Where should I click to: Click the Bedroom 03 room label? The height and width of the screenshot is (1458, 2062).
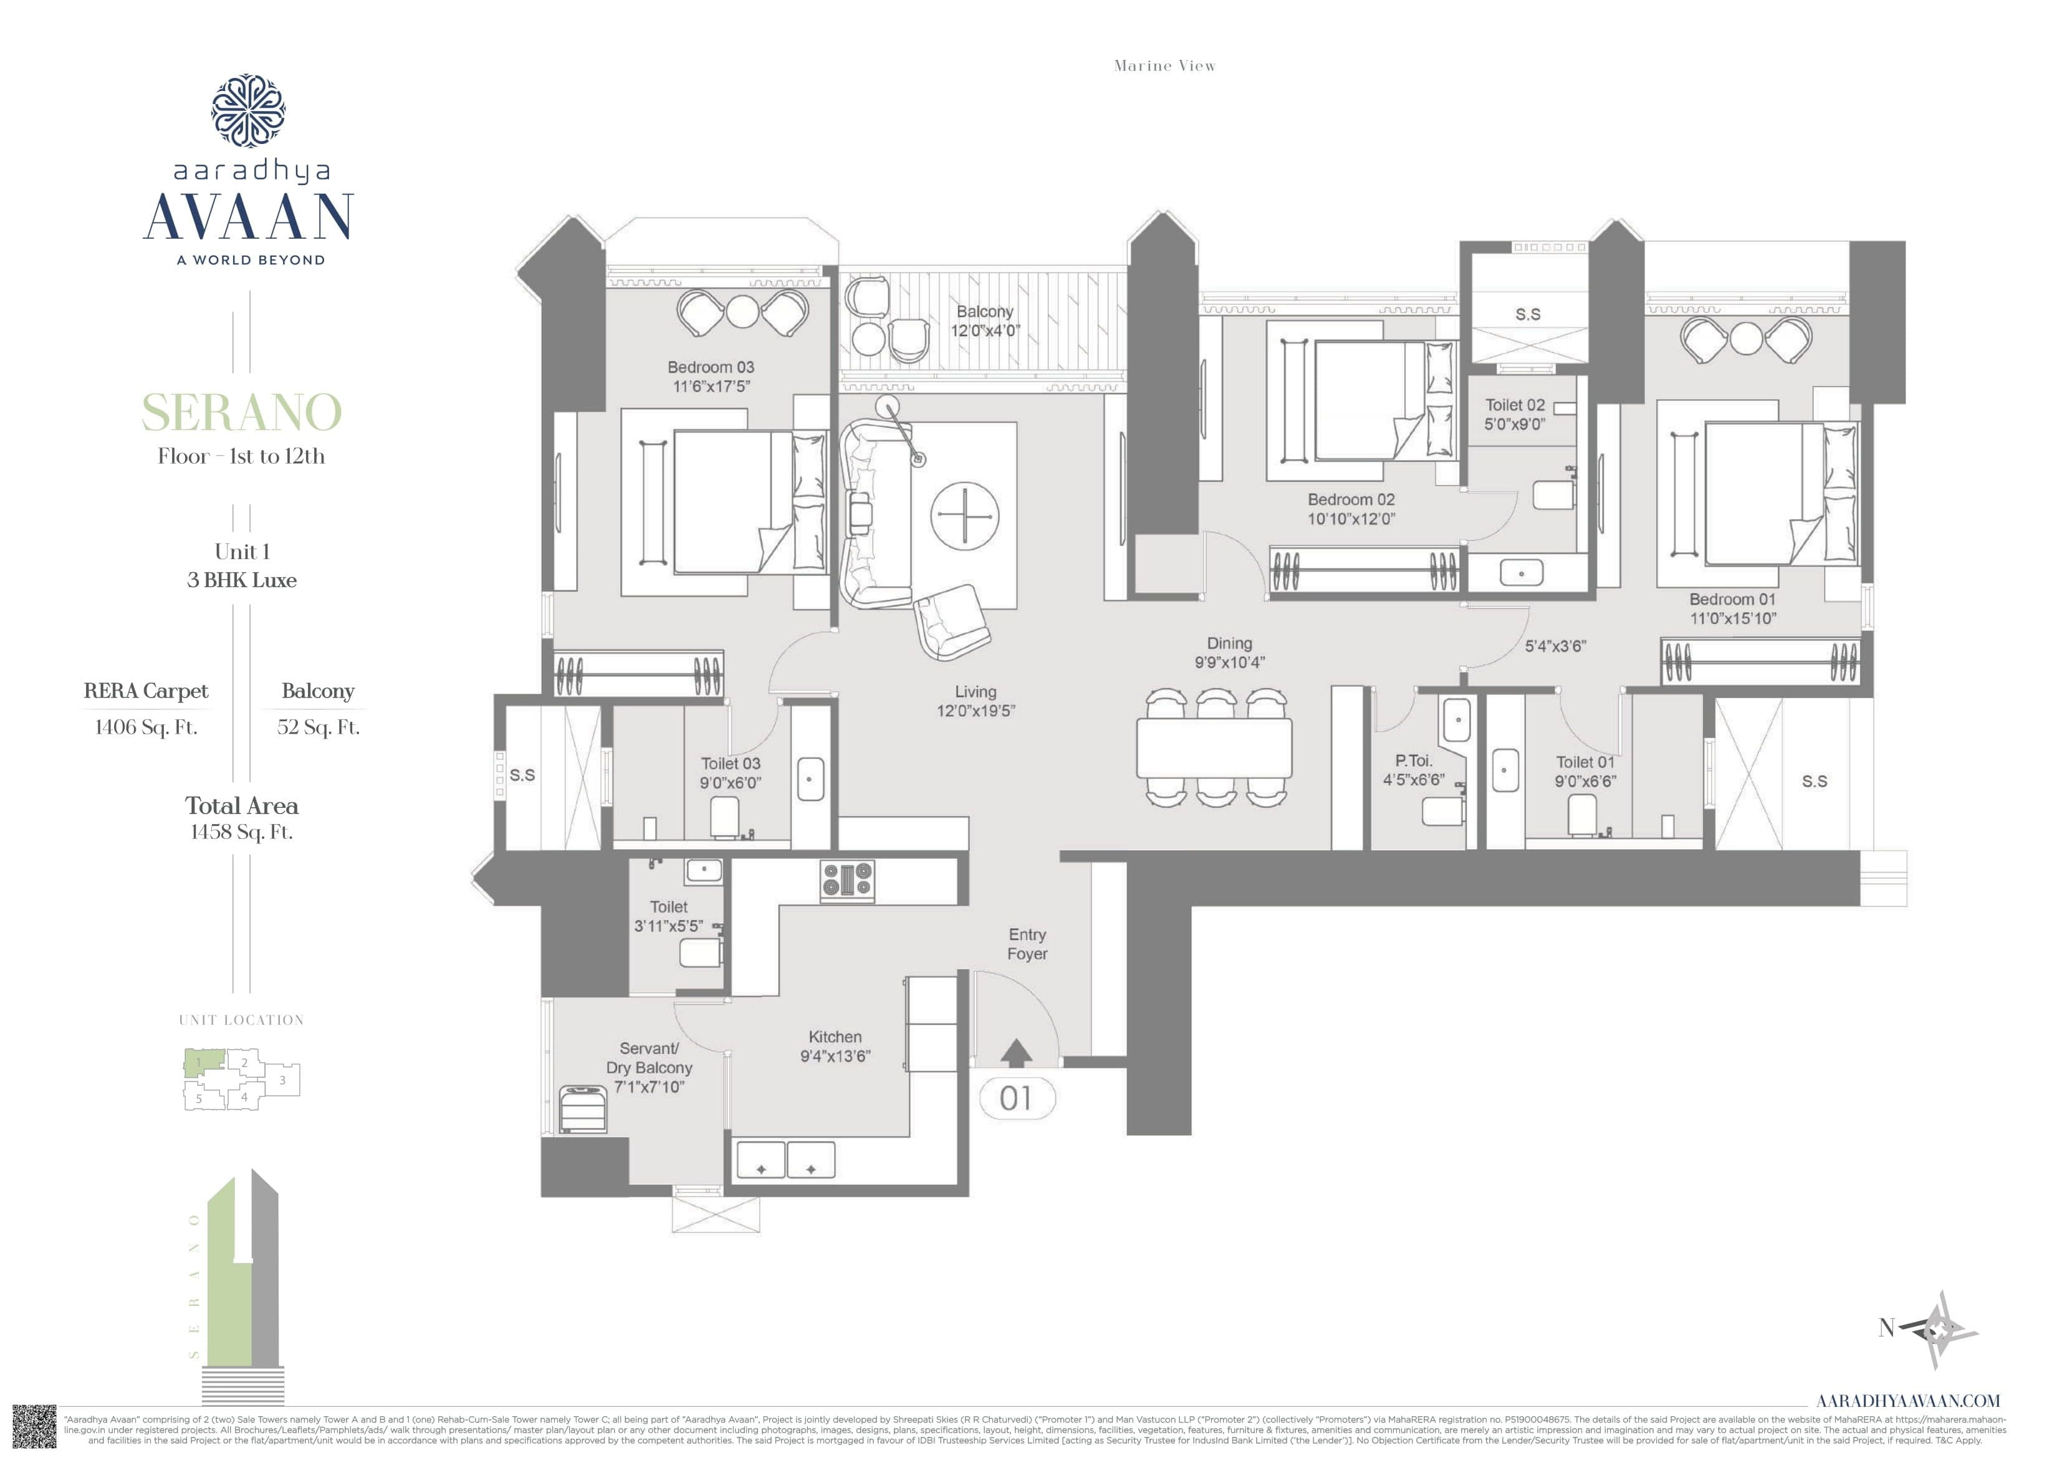(711, 367)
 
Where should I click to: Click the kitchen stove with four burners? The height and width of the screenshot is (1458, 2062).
(847, 880)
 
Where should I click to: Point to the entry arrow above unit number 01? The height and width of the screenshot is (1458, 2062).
(1016, 1053)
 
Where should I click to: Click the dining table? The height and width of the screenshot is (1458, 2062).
(1214, 747)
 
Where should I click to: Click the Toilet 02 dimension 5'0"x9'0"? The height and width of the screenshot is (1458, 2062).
(1514, 424)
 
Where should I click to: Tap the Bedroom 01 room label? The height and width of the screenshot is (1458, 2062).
(1732, 599)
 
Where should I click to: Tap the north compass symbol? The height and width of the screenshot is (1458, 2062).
(1944, 1330)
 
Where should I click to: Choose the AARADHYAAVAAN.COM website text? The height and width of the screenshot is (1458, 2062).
(1907, 1401)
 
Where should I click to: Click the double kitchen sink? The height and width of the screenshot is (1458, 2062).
(786, 1161)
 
